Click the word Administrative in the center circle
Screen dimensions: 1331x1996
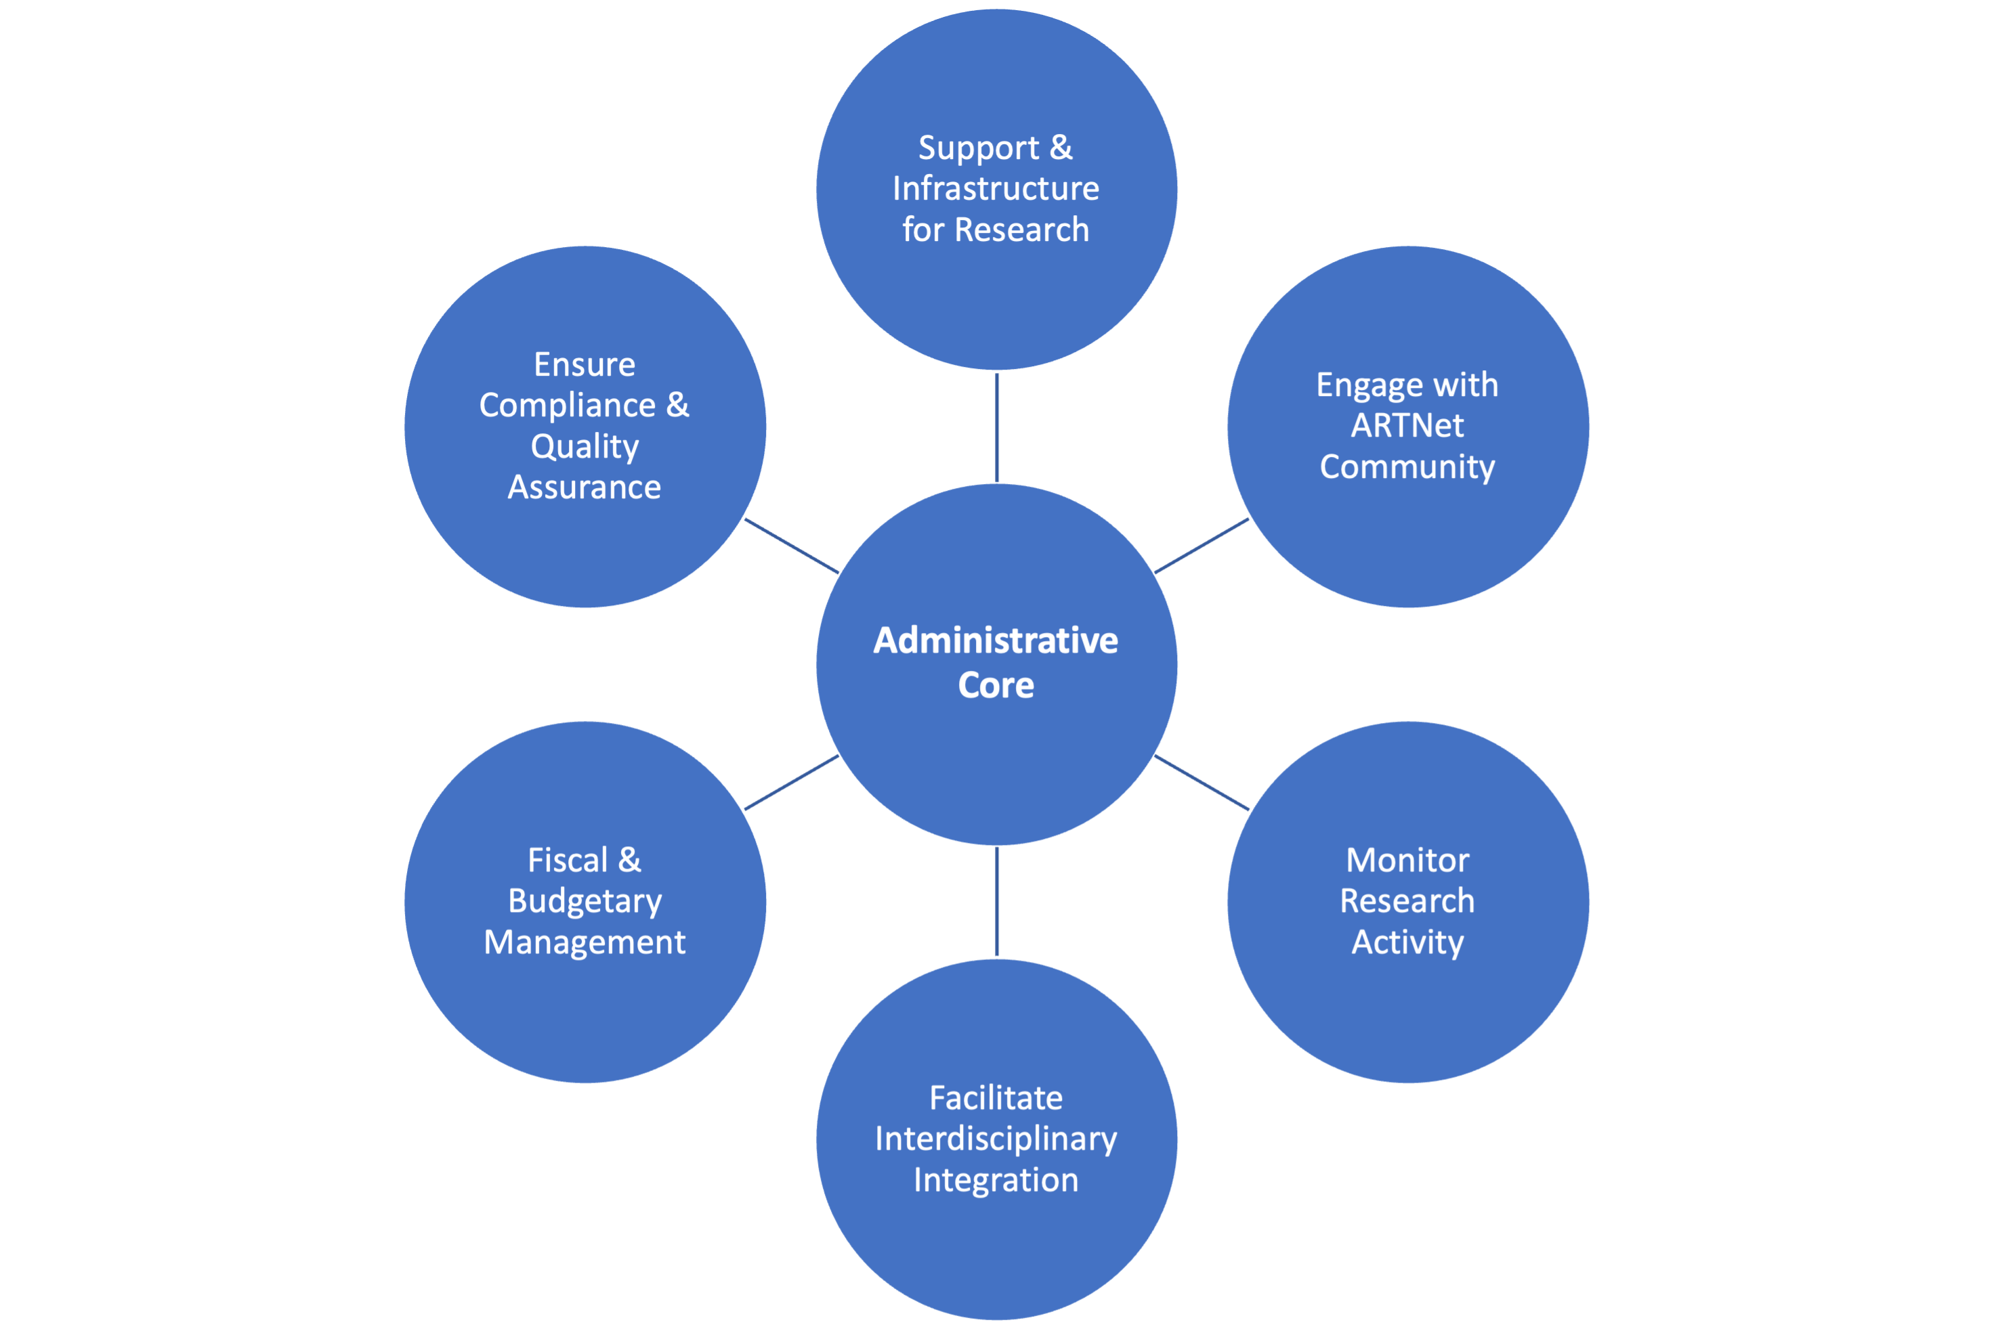995,641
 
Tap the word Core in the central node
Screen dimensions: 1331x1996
996,686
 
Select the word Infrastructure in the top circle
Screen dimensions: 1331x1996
995,188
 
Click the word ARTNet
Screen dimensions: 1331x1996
1407,426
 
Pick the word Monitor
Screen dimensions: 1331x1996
1407,860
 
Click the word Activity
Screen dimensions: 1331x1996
1407,942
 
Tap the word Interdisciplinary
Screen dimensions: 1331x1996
995,1139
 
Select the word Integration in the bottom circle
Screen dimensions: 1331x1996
995,1180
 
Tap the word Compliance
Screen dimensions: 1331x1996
567,406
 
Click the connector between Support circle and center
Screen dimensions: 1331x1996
997,427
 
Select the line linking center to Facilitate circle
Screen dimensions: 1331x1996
997,902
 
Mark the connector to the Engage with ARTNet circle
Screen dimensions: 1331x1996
1202,546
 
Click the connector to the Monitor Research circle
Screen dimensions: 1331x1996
1202,783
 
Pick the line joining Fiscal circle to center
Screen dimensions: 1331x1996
791,783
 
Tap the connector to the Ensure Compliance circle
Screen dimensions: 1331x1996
791,546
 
